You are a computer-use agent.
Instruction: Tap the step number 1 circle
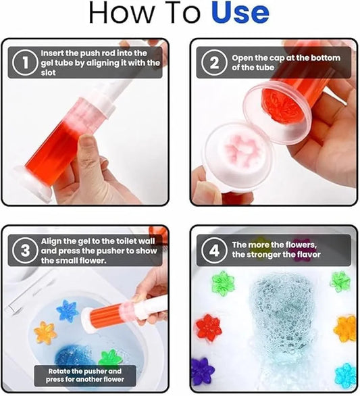pos(24,63)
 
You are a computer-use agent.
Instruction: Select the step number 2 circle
pos(214,63)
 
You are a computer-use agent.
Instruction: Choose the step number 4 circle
pos(214,251)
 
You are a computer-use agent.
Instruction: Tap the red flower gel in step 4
pos(209,326)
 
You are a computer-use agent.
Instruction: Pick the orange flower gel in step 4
pos(345,328)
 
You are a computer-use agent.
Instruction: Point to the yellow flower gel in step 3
pos(45,332)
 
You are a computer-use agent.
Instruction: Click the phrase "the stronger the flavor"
pos(276,255)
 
